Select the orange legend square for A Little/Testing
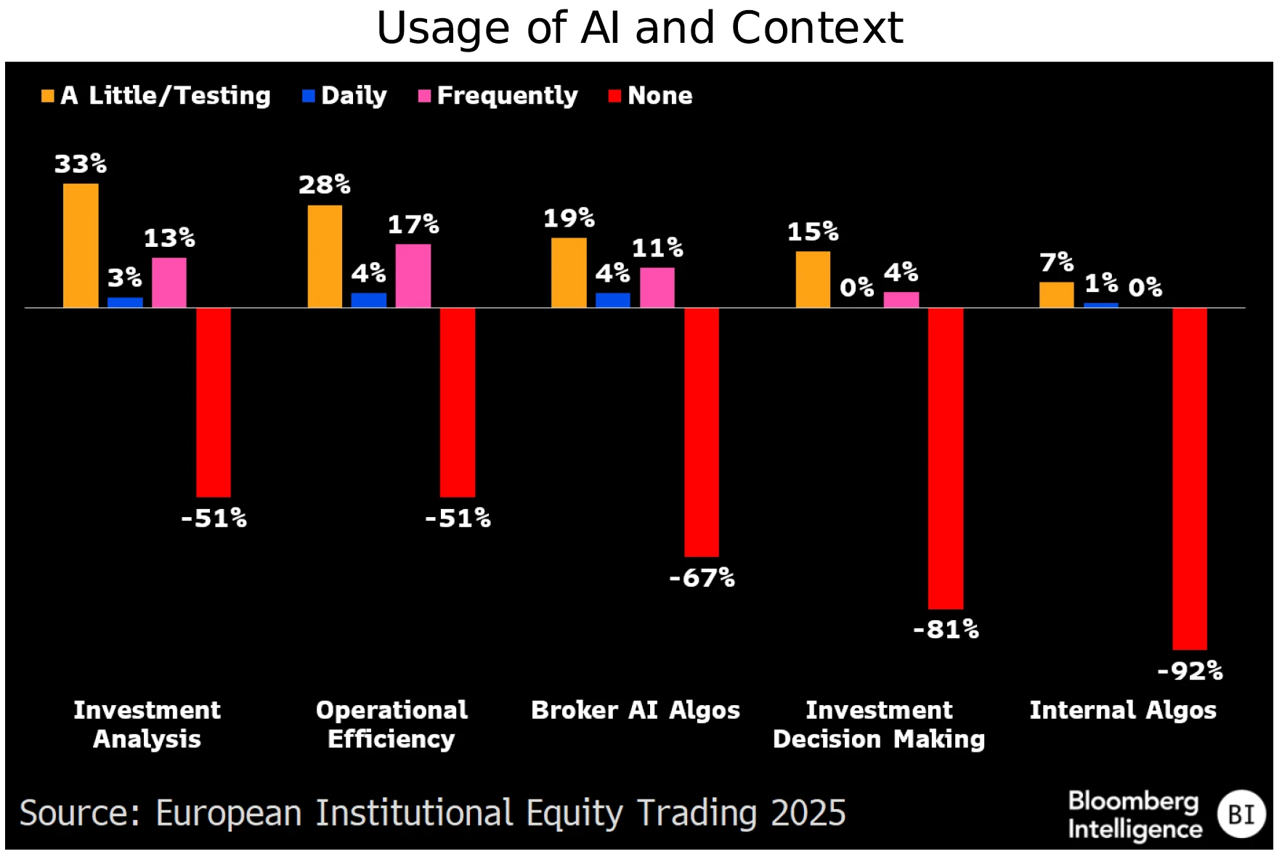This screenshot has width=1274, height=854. (48, 96)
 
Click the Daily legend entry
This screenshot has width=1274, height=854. (353, 96)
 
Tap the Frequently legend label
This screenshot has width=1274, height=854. (507, 96)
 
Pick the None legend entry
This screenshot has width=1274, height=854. (659, 96)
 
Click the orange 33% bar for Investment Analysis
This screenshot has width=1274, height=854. (81, 245)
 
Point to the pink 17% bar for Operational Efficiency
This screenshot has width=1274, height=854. (413, 276)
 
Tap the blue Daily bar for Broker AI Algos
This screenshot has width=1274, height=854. (613, 300)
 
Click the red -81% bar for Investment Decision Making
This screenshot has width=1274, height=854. (946, 457)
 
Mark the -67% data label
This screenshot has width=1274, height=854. (702, 578)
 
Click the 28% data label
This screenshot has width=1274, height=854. (325, 185)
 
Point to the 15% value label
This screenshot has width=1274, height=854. (813, 232)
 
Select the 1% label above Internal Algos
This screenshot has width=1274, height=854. (1101, 283)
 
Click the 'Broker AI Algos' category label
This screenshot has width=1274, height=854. (636, 710)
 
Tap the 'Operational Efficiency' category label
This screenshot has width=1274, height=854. (391, 725)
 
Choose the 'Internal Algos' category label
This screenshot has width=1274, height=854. (1123, 710)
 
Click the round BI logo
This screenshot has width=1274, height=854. (1241, 814)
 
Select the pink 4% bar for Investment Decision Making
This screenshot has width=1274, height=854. (901, 300)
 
